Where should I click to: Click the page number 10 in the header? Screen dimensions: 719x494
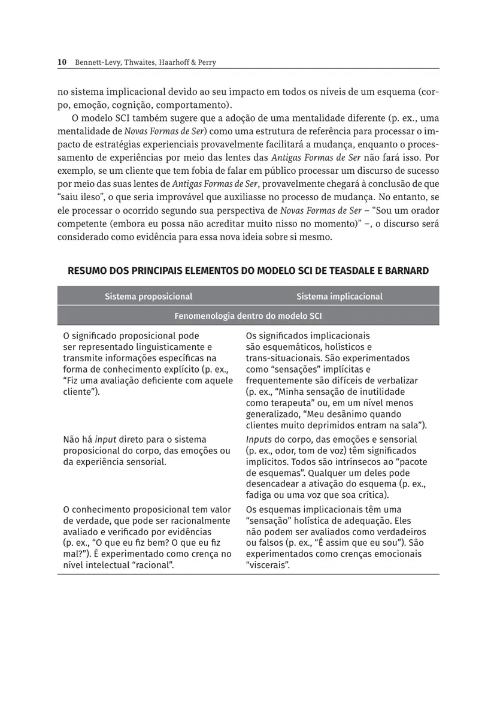pyautogui.click(x=61, y=62)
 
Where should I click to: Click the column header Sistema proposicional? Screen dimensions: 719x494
pyautogui.click(x=148, y=296)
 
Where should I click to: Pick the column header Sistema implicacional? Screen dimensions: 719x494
pyautogui.click(x=339, y=296)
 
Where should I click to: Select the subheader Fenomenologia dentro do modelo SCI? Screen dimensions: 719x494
pyautogui.click(x=248, y=315)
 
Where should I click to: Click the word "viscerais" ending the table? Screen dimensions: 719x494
pyautogui.click(x=268, y=565)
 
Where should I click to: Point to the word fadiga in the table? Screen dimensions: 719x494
pyautogui.click(x=259, y=495)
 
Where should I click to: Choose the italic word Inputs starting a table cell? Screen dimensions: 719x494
pyautogui.click(x=259, y=439)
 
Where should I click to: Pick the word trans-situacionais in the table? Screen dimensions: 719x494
pyautogui.click(x=281, y=358)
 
